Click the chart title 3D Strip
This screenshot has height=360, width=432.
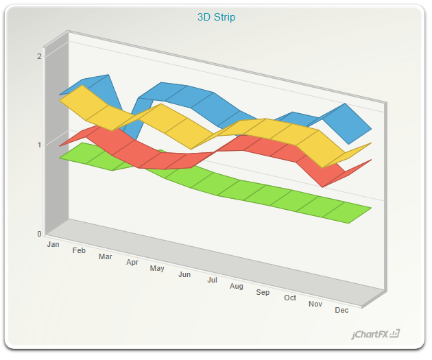216,17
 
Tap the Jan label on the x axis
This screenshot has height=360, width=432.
53,244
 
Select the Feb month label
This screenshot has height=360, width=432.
79,250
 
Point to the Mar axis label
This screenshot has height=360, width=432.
105,256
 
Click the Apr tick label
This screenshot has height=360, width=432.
132,262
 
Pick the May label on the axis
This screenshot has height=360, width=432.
157,268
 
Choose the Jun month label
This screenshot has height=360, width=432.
184,274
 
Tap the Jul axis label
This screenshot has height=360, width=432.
212,280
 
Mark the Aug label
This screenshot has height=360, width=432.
237,287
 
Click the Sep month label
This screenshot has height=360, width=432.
263,292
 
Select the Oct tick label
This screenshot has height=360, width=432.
290,298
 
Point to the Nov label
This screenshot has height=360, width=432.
315,304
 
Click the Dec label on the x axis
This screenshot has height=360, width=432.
341,310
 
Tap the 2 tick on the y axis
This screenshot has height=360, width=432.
39,56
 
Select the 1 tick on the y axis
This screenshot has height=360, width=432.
39,145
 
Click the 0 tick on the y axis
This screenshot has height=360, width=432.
39,234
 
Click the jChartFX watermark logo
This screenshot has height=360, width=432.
375,335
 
